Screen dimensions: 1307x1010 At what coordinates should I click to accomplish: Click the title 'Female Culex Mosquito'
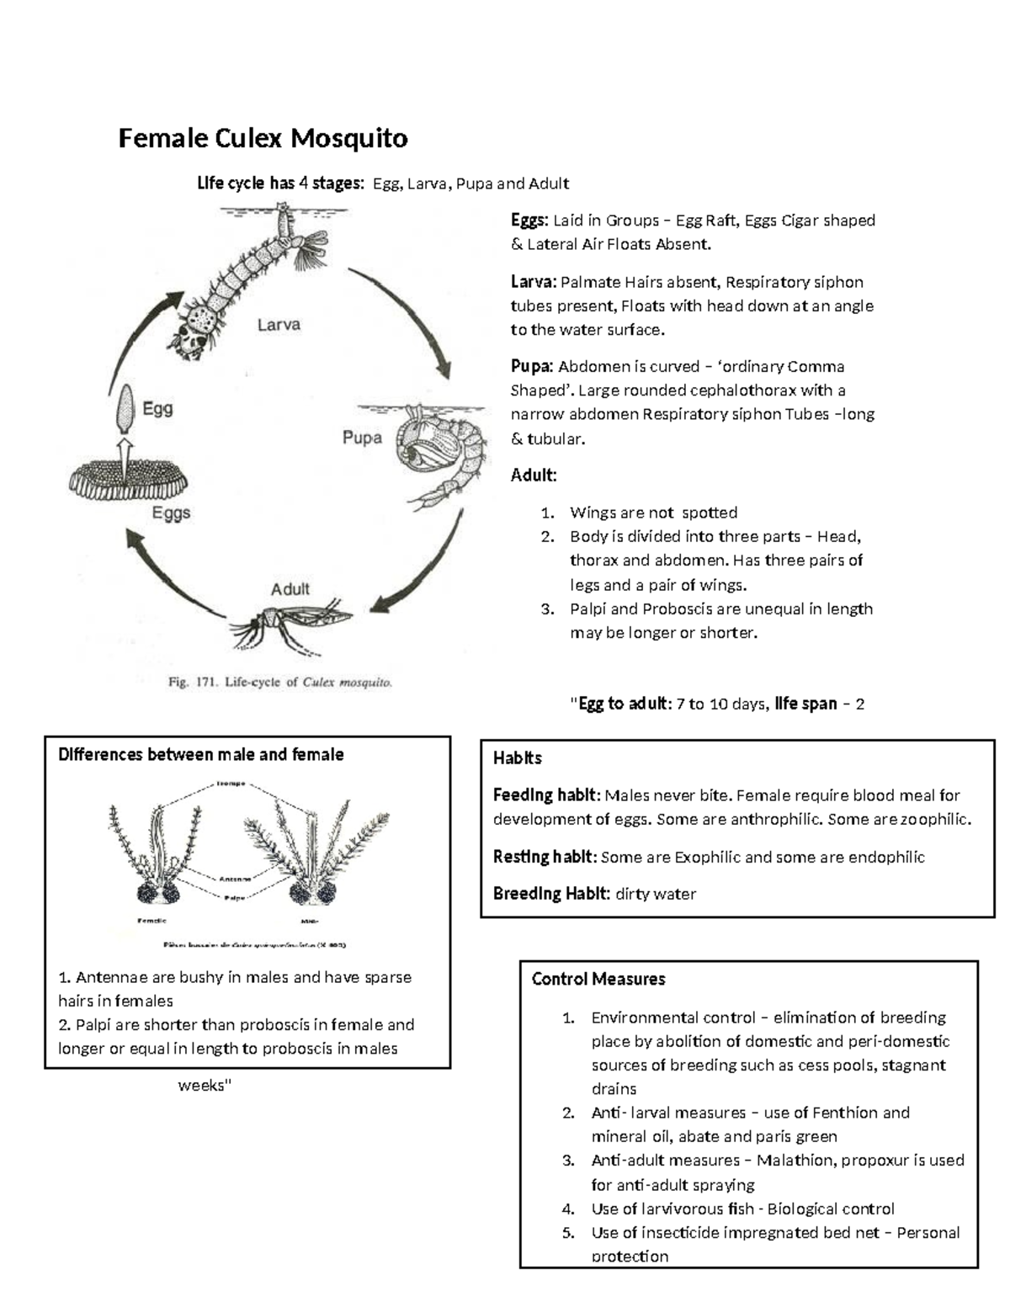tap(263, 138)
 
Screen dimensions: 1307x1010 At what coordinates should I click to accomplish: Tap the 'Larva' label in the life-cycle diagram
tap(279, 324)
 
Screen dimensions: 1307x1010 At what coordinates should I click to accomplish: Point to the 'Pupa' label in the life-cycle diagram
tap(362, 438)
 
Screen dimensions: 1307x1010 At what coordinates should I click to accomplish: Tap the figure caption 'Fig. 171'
tap(279, 683)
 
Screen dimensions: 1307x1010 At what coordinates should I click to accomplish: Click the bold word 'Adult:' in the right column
tap(534, 476)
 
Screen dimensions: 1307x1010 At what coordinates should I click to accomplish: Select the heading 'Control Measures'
tap(598, 979)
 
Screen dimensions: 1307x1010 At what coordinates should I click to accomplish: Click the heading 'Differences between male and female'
tap(200, 755)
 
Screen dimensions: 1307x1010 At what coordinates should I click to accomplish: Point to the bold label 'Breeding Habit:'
tap(551, 894)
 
